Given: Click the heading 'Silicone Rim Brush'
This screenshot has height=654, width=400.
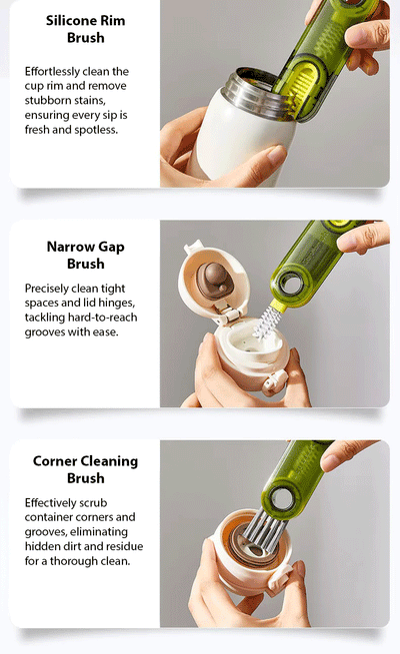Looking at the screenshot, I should click(85, 29).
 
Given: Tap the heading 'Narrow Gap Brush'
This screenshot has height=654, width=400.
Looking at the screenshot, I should click(85, 255).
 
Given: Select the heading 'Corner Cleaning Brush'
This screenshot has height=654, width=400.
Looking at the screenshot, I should click(85, 470).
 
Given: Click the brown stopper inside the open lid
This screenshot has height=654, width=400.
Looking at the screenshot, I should click(212, 278).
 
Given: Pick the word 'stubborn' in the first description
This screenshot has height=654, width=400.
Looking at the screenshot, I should click(53, 101).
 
